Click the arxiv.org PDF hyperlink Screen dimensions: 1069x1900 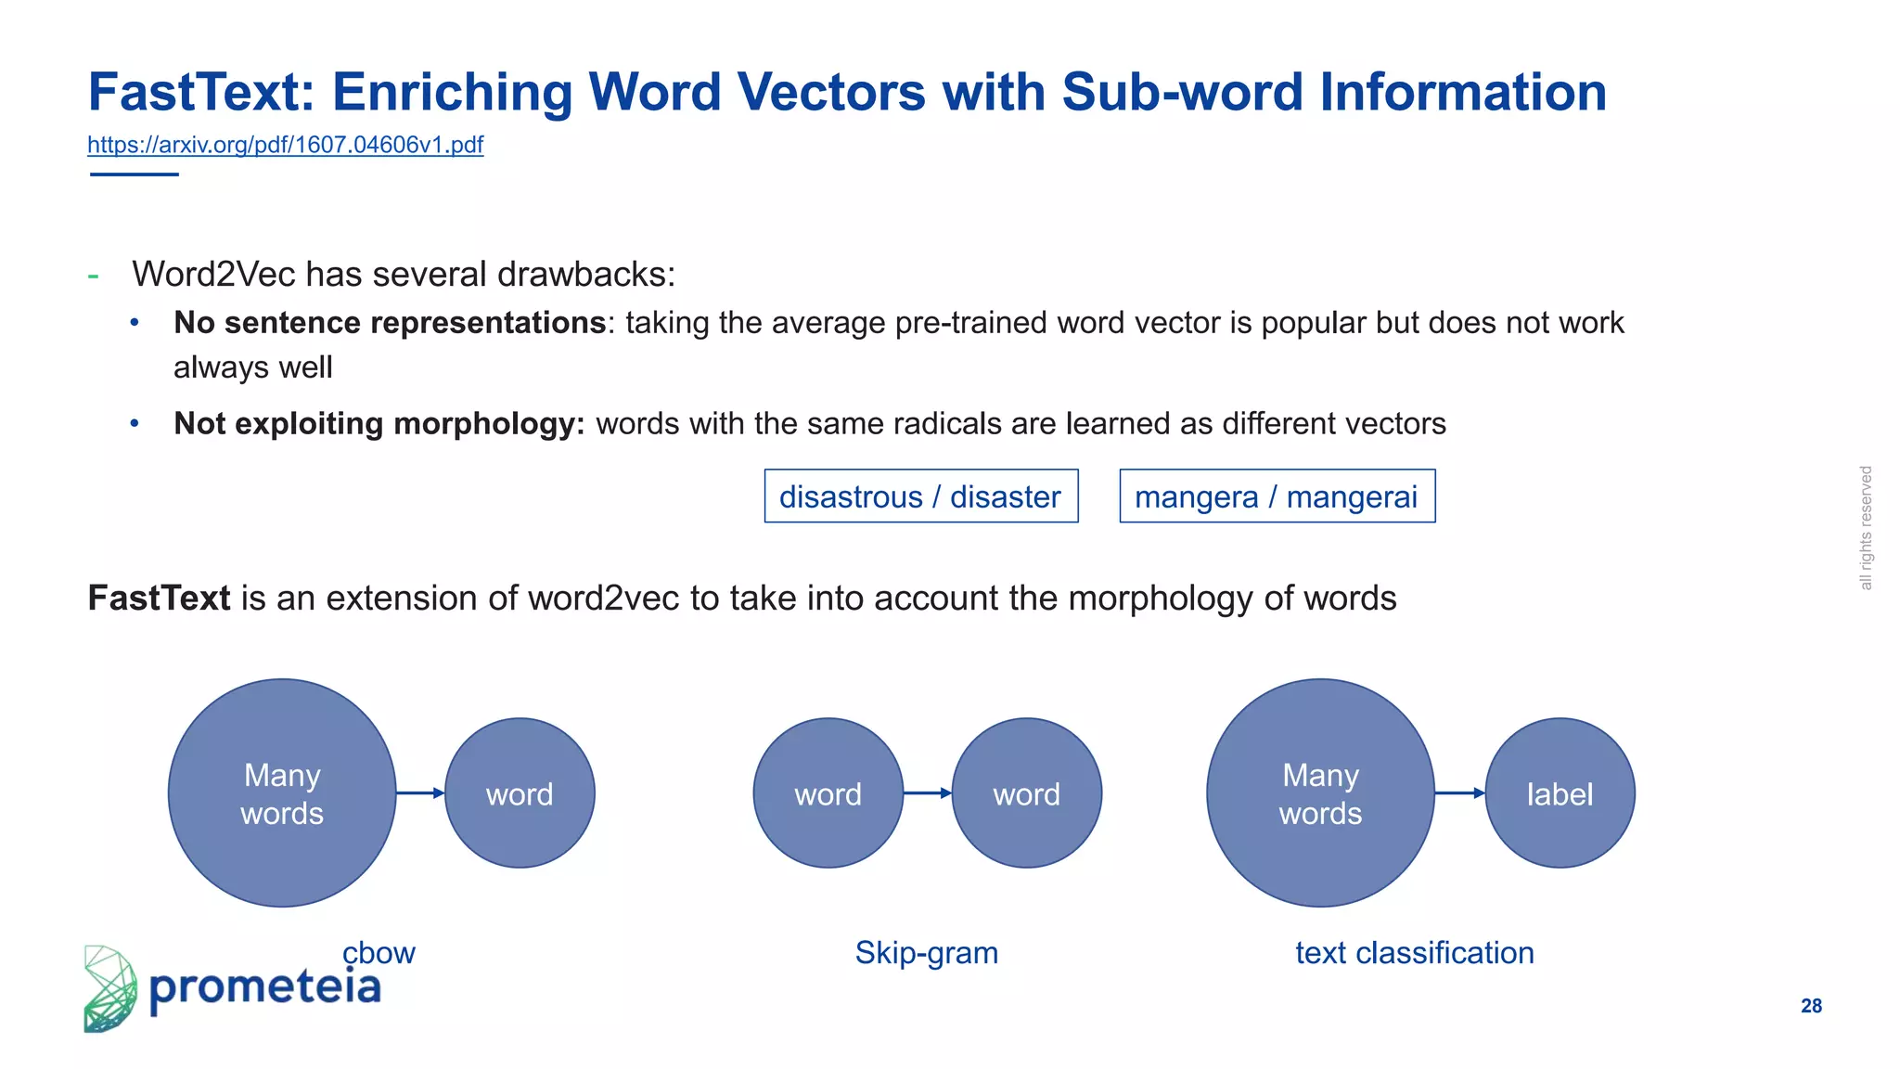285,145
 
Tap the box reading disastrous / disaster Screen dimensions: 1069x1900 920,496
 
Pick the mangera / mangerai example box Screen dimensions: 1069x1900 1277,496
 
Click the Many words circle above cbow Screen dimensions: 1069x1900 282,793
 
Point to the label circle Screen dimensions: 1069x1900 1560,793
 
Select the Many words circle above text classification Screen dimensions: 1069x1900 1320,793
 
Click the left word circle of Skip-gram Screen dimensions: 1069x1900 828,793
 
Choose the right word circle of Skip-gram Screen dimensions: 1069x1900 1026,793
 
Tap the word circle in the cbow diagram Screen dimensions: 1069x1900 520,793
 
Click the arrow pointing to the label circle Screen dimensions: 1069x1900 1459,793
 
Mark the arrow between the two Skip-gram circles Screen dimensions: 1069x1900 927,793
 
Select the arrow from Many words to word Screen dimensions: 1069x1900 420,793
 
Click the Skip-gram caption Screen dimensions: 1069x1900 926,953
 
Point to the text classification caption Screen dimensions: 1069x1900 1414,953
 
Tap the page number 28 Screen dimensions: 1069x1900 1811,1006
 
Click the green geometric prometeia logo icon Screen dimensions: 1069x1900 109,989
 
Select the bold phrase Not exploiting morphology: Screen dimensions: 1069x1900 379,424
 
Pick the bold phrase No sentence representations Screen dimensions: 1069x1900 390,323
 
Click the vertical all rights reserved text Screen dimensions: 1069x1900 1866,528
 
